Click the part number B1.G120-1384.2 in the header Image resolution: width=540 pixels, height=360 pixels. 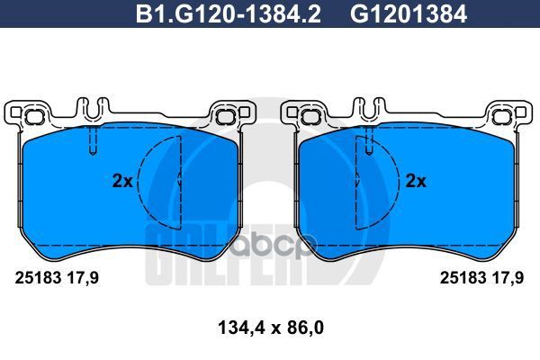pos(229,14)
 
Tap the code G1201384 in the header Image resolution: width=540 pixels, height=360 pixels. pos(409,14)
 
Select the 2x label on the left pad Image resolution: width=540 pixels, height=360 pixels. pos(122,181)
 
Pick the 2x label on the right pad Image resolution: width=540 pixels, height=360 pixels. pos(416,181)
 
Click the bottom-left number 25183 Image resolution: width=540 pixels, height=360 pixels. pos(38,278)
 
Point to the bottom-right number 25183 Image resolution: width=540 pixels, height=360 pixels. pos(463,278)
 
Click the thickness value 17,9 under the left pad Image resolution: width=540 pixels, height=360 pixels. pos(83,278)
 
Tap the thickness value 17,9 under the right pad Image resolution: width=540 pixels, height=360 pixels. pos(508,278)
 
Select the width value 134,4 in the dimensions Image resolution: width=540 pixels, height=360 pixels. pos(241,328)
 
